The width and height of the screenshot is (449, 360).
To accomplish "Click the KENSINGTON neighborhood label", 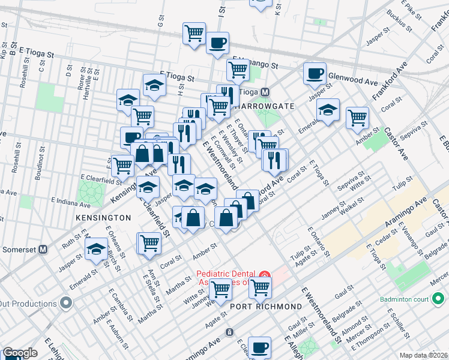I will pos(103,217).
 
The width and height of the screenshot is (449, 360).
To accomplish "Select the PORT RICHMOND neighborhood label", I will pos(266,307).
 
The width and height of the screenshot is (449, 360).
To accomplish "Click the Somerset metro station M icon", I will pos(43,249).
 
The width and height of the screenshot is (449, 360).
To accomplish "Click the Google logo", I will pos(20,353).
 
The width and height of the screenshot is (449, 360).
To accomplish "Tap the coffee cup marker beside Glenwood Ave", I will pos(315,74).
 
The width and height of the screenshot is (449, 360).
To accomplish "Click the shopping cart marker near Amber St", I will pos(357,117).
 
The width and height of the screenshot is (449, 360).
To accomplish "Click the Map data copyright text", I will pos(423,355).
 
